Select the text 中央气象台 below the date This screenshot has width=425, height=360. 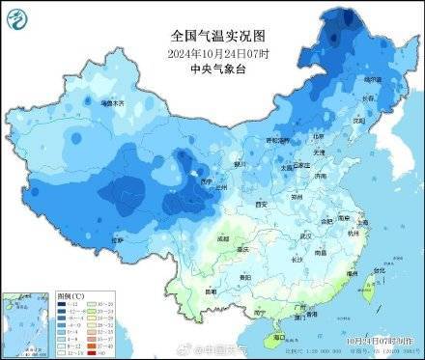[x=212, y=69]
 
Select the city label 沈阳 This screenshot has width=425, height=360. [x=359, y=122]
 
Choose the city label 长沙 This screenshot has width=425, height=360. [x=298, y=258]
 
